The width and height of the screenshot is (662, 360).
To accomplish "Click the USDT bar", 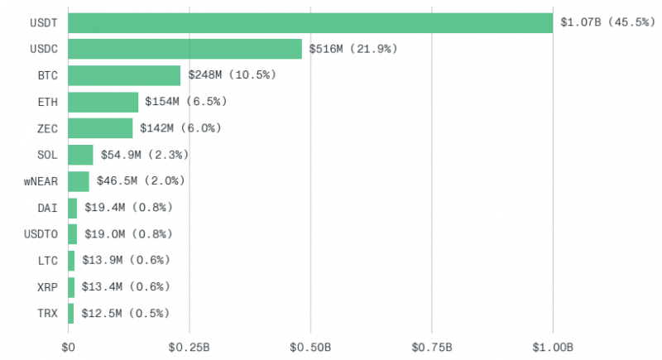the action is (x=310, y=23).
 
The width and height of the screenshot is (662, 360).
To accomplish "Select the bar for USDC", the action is (x=185, y=49).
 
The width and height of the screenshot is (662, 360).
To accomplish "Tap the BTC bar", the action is (x=124, y=75).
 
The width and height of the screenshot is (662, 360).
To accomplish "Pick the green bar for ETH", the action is (x=103, y=102).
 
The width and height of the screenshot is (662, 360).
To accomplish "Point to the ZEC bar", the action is (x=100, y=128).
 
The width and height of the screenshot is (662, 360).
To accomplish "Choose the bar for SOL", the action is (x=80, y=155).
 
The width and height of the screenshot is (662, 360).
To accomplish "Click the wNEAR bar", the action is (x=79, y=181).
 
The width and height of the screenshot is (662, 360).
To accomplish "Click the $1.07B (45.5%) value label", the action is (x=607, y=22).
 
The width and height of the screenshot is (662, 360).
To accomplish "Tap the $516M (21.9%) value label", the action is (x=353, y=49).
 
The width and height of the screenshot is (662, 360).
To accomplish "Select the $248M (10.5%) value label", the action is (x=232, y=75).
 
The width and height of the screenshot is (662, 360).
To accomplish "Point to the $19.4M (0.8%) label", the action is (x=128, y=207).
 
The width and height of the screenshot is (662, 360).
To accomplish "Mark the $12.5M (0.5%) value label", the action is (x=125, y=313).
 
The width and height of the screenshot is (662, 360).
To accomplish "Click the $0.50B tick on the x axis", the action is (x=310, y=348).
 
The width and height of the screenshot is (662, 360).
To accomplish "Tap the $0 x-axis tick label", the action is (x=68, y=348).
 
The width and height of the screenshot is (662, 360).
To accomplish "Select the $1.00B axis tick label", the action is (x=553, y=348).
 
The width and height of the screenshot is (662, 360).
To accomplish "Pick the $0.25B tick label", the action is (x=189, y=348).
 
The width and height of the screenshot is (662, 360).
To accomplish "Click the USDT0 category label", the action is (x=41, y=234).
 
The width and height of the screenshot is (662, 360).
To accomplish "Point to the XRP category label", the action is (x=47, y=287).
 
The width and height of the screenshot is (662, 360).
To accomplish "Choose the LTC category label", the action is (x=47, y=261).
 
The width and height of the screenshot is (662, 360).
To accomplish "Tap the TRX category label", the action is (x=47, y=314).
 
